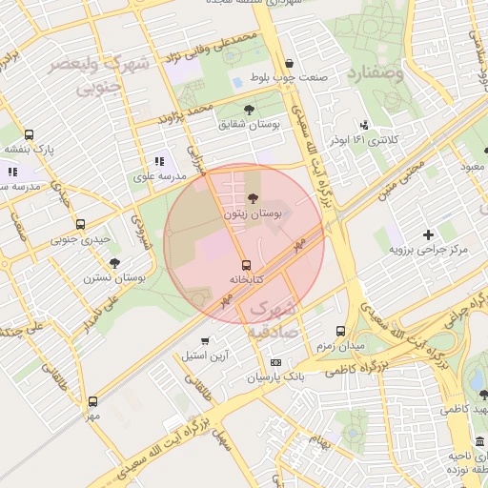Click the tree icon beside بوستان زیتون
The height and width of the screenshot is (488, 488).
click(252, 198)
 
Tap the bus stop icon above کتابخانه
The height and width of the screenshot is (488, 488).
click(247, 263)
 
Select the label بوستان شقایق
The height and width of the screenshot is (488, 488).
click(246, 124)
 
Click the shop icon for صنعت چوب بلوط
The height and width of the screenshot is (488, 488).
click(261, 63)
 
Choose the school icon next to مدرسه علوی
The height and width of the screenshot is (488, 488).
click(159, 162)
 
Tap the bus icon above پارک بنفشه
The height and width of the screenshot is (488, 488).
click(29, 134)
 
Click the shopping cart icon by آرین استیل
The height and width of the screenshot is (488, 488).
click(205, 341)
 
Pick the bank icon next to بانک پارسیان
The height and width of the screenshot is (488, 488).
click(275, 362)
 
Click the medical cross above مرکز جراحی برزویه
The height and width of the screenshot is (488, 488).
click(428, 234)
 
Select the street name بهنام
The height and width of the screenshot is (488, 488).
click(319, 441)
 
